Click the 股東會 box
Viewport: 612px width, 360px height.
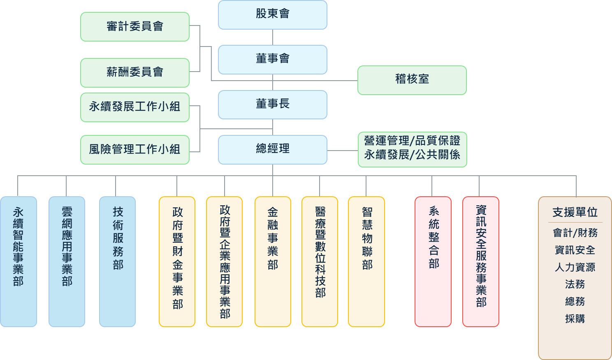click(272, 15)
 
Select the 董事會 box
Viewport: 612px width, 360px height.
click(272, 60)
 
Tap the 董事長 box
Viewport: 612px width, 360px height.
click(272, 105)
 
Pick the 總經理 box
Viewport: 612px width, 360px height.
click(272, 149)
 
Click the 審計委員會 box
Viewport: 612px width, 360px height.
click(135, 27)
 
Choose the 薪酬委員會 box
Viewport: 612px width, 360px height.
click(135, 72)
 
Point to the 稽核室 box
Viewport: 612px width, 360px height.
click(412, 80)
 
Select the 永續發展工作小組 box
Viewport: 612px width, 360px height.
click(135, 107)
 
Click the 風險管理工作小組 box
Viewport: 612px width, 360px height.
click(135, 149)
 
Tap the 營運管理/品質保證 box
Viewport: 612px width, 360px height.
click(412, 149)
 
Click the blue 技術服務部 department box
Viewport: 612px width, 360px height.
click(118, 261)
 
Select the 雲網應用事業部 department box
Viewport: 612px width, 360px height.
click(67, 261)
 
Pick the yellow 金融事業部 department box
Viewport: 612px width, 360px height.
click(273, 261)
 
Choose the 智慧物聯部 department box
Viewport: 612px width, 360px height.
click(366, 261)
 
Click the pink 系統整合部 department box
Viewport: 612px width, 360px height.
click(433, 261)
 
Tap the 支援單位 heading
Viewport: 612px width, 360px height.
click(575, 212)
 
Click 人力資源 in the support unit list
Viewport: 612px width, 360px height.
click(575, 267)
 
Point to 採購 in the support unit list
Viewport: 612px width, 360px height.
click(575, 319)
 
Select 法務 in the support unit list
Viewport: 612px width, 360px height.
click(575, 284)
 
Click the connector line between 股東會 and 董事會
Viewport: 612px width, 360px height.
click(273, 37)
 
